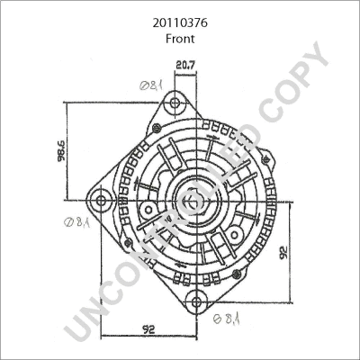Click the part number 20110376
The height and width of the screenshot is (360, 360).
point(180,23)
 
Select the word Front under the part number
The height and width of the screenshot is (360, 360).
point(180,39)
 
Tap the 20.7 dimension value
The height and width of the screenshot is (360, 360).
point(185,65)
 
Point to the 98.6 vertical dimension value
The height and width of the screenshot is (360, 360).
point(61,150)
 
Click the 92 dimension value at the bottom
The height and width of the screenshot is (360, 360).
point(148,330)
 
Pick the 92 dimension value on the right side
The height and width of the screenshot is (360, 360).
point(283,252)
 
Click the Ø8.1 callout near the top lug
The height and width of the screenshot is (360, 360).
point(151,86)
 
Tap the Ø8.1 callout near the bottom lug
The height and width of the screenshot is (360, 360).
point(227,319)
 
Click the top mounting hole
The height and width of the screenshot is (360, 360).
point(175,103)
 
